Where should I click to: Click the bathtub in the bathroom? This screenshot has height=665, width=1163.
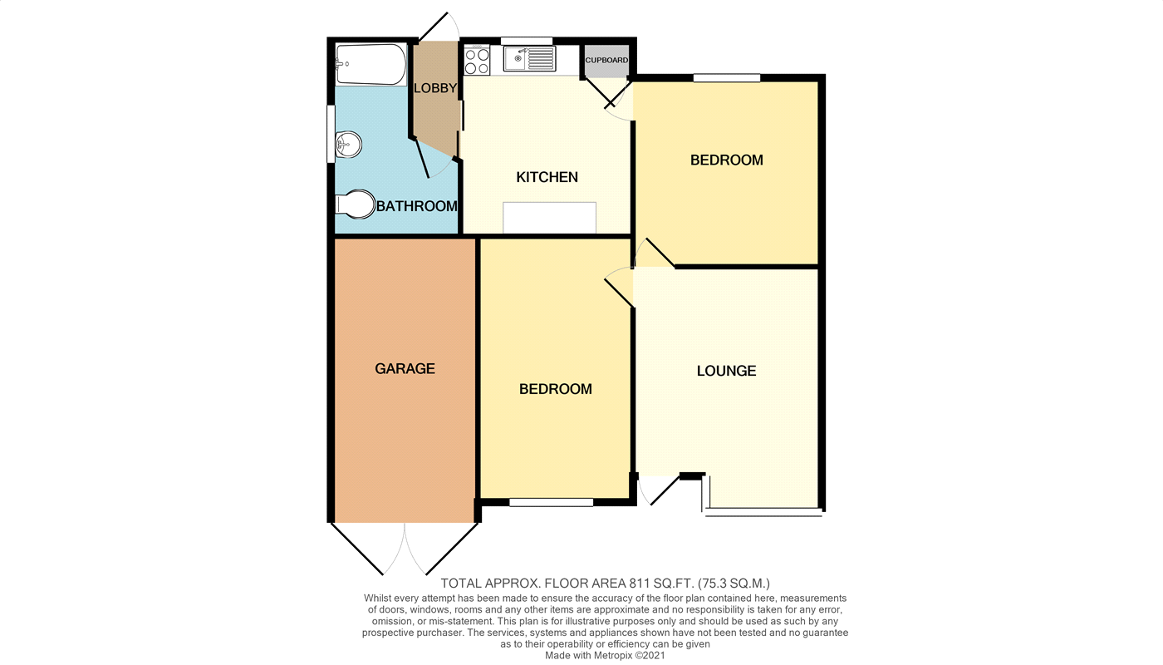pyautogui.click(x=370, y=64)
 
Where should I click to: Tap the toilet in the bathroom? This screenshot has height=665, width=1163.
pyautogui.click(x=356, y=204)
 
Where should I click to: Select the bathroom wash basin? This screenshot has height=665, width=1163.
pyautogui.click(x=348, y=145)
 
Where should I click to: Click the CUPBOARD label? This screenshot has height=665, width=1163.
pyautogui.click(x=606, y=61)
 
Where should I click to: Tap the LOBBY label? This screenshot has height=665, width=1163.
pyautogui.click(x=435, y=88)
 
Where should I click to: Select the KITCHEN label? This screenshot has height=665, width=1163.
pyautogui.click(x=547, y=177)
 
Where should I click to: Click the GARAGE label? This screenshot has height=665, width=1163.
pyautogui.click(x=405, y=368)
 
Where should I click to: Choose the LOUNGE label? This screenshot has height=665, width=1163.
pyautogui.click(x=726, y=371)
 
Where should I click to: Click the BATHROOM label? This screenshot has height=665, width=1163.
pyautogui.click(x=416, y=206)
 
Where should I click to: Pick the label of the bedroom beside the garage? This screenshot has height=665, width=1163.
pyautogui.click(x=555, y=389)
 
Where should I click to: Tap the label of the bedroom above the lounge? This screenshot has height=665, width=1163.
pyautogui.click(x=726, y=160)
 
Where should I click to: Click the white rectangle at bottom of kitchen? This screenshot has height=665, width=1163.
pyautogui.click(x=549, y=218)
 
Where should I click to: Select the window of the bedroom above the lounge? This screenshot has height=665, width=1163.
pyautogui.click(x=727, y=78)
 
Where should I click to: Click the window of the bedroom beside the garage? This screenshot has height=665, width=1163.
pyautogui.click(x=551, y=502)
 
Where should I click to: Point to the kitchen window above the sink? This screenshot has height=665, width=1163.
pyautogui.click(x=527, y=41)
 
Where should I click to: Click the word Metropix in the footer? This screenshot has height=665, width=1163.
pyautogui.click(x=609, y=655)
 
